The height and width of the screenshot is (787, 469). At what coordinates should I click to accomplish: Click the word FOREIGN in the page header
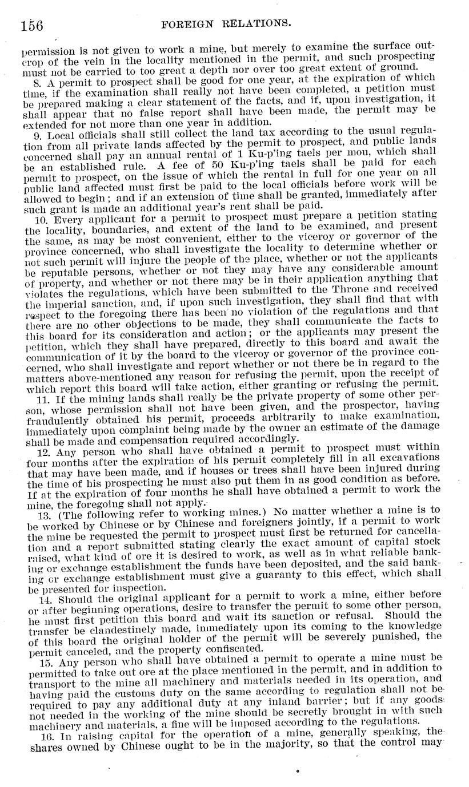(x=185, y=24)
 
